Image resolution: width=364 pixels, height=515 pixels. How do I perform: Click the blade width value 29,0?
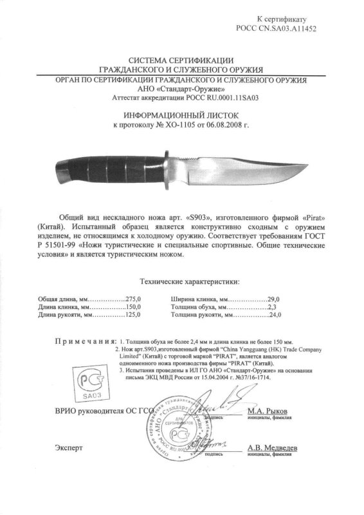275,300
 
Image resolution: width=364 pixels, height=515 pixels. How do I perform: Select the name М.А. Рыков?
265,410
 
